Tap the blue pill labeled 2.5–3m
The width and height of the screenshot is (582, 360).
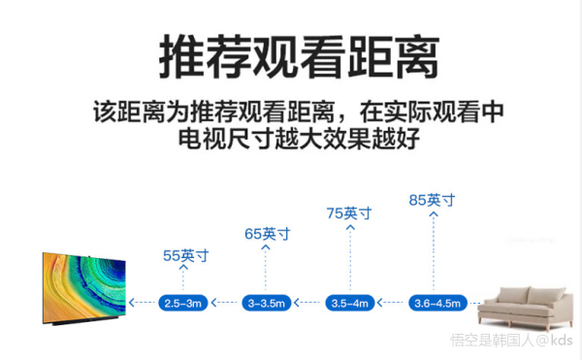pos(183,303)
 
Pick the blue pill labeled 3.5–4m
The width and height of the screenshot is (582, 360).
pos(350,303)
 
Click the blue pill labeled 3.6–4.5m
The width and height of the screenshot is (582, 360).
pos(436,303)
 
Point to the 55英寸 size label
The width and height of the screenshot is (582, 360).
pos(185,256)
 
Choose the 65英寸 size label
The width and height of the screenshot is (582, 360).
pos(267,234)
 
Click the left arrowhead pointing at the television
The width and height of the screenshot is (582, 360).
pos(133,303)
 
